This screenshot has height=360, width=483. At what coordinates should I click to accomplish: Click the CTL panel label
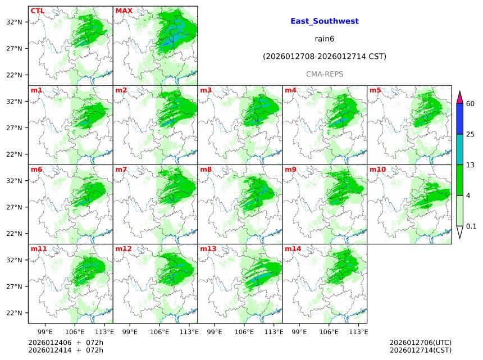[37, 11]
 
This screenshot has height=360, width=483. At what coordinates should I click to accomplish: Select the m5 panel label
[375, 90]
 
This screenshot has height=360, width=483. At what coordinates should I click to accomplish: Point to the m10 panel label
[377, 169]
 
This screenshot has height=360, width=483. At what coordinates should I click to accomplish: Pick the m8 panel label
[206, 169]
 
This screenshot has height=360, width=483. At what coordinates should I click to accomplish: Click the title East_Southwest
[325, 21]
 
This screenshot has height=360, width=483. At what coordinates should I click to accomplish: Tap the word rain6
[325, 39]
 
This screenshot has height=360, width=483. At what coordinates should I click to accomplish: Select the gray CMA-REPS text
[325, 74]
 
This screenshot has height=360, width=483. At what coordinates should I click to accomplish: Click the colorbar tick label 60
[471, 104]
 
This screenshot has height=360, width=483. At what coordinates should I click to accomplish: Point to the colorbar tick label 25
[471, 134]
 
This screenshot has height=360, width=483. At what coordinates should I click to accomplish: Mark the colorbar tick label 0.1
[471, 226]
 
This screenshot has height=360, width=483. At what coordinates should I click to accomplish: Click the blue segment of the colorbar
[460, 119]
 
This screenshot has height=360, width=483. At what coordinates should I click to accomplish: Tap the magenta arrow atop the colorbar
[460, 97]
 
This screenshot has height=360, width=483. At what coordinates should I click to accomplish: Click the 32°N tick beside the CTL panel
[14, 22]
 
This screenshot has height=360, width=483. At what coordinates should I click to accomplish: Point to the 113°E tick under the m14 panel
[359, 331]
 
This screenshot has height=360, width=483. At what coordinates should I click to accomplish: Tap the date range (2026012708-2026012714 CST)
[325, 57]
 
